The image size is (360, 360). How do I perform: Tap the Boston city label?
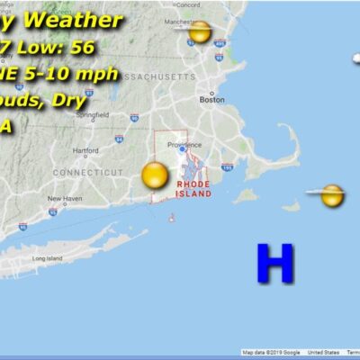211,100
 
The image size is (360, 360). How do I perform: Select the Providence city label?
184,144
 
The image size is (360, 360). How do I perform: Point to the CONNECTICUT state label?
86,171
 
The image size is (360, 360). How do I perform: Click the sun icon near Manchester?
200,32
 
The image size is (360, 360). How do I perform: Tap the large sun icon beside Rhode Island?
155,175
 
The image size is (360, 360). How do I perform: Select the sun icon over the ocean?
331,195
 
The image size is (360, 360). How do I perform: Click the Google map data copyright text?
270,353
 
